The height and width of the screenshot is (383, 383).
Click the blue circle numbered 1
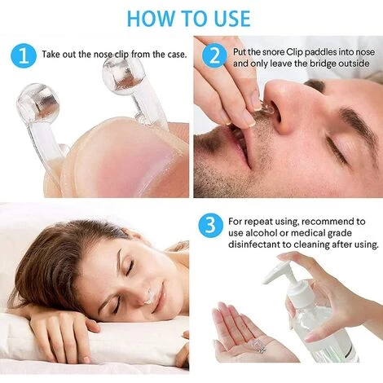[x=24, y=56]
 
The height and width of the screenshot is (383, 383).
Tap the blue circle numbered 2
[x=215, y=56]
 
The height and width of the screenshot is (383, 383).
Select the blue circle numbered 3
[x=211, y=226]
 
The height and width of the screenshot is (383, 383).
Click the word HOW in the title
[x=151, y=19]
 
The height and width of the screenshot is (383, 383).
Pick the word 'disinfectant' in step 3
[x=253, y=244]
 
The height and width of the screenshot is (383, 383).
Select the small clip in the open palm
[x=258, y=346]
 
